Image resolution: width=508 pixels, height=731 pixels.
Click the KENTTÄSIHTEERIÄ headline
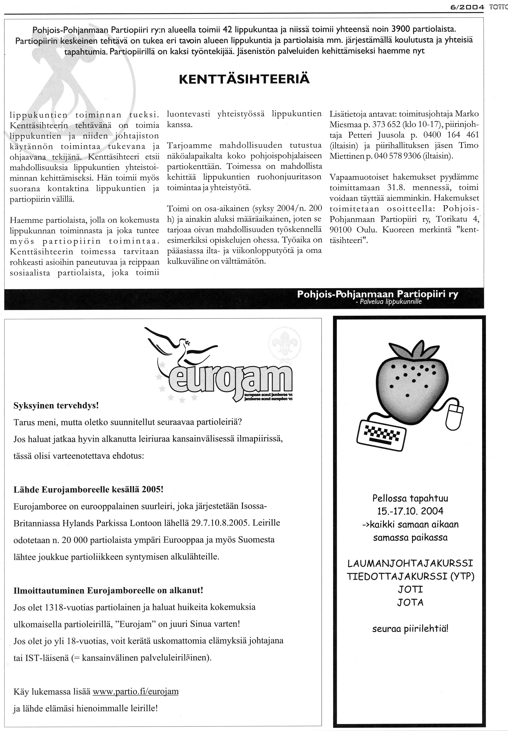(244, 79)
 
